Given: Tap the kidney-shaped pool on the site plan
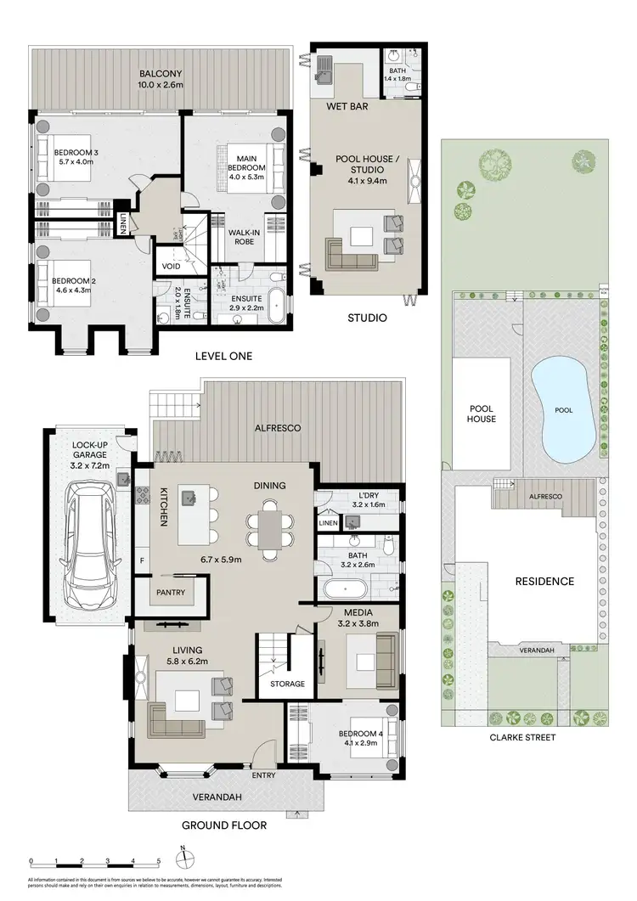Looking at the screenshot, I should pyautogui.click(x=562, y=411).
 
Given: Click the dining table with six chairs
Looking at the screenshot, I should pyautogui.click(x=269, y=529).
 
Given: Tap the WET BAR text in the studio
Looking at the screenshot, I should pyautogui.click(x=345, y=106).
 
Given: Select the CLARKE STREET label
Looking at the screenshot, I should pyautogui.click(x=523, y=737).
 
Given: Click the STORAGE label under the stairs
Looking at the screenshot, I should pyautogui.click(x=287, y=684).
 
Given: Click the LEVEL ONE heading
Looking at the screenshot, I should pyautogui.click(x=225, y=356).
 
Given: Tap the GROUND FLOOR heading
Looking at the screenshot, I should pyautogui.click(x=226, y=825).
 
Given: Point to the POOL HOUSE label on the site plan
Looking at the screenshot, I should pyautogui.click(x=482, y=414).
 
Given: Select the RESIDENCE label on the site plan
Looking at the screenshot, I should pyautogui.click(x=544, y=582).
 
